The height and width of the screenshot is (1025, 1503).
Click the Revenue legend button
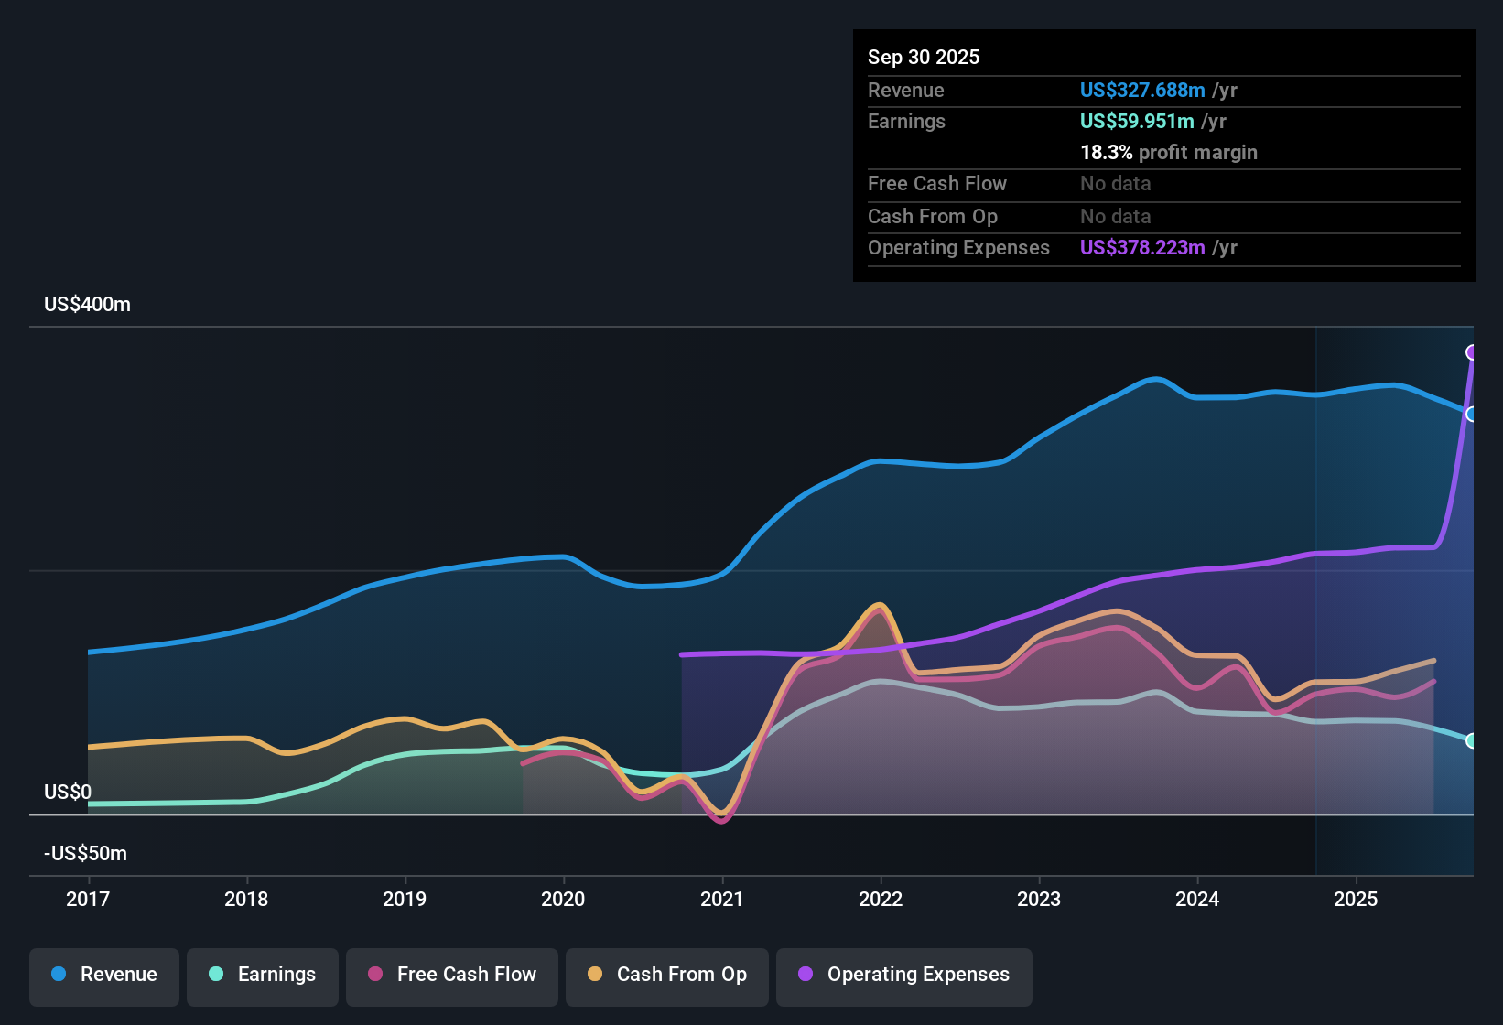[x=104, y=976]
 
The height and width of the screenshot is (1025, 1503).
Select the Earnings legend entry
[x=263, y=976]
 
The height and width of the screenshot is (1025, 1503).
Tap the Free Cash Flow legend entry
[x=452, y=976]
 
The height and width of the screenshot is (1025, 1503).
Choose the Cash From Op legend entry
[x=667, y=976]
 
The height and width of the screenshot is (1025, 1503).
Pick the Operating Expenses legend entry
[x=904, y=976]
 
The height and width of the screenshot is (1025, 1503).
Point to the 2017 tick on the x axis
[x=88, y=899]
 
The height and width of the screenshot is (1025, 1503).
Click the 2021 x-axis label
[x=722, y=899]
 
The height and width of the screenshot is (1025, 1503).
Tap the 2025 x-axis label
[x=1356, y=899]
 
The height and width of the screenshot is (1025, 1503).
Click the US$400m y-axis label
[x=88, y=305]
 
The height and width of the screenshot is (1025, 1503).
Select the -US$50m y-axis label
[x=86, y=854]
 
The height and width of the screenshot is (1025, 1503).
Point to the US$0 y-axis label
[x=68, y=793]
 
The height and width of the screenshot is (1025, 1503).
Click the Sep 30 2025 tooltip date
[x=924, y=58]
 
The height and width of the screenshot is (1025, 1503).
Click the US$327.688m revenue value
[x=1142, y=91]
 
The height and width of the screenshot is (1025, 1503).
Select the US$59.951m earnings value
[x=1137, y=122]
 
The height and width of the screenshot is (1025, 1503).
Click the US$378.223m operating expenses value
[x=1142, y=248]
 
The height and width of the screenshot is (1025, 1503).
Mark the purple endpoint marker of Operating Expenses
[x=1472, y=352]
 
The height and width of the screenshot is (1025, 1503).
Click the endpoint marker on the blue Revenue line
[x=1472, y=414]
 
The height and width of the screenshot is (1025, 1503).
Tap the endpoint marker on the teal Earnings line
[x=1472, y=740]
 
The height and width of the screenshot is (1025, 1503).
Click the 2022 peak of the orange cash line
[x=880, y=605]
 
